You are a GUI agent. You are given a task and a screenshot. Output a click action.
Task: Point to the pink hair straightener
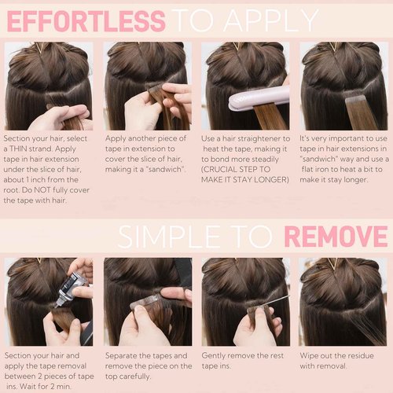pos(251,98)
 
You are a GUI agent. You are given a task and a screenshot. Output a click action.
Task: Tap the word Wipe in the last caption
pos(312,355)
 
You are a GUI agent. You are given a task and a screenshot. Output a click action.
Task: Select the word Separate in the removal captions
pos(126,355)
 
